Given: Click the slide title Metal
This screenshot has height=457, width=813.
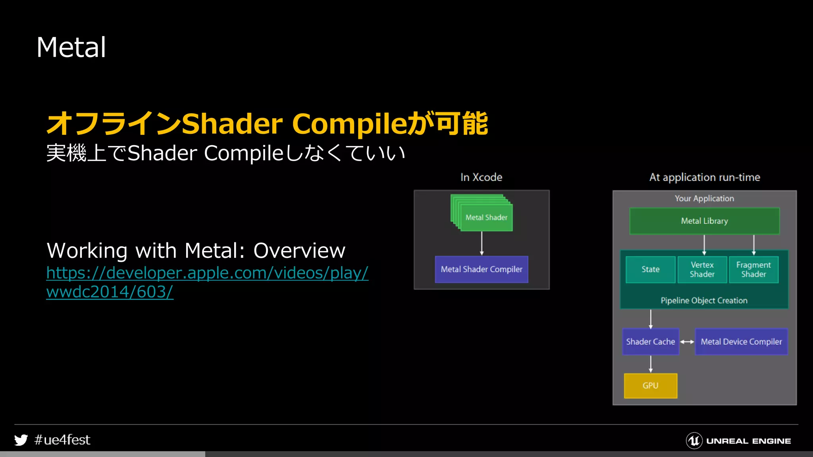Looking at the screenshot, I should click(71, 48).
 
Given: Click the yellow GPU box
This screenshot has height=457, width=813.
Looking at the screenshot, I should click(650, 386).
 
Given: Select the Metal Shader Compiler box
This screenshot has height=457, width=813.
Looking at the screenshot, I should click(481, 269).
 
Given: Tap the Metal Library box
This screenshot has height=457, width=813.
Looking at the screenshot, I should click(704, 221).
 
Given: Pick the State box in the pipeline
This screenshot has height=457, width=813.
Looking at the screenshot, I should click(650, 269).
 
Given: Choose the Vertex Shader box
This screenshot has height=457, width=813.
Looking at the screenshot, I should click(702, 269).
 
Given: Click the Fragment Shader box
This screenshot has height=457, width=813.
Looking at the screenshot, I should click(753, 269).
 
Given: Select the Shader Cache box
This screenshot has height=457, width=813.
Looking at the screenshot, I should click(650, 342).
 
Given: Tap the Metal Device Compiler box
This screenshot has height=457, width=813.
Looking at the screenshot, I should click(741, 342).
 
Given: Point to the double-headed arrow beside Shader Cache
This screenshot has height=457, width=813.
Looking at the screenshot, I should click(687, 342).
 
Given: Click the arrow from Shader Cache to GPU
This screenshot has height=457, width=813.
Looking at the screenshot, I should click(650, 364).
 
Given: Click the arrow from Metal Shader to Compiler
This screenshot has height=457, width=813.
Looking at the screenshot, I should click(482, 243).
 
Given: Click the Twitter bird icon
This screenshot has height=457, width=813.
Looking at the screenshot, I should click(21, 440).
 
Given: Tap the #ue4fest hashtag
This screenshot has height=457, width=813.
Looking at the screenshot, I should click(62, 440).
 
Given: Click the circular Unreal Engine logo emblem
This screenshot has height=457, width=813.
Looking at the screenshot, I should click(694, 441).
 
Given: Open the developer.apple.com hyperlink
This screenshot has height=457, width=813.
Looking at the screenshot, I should click(207, 273).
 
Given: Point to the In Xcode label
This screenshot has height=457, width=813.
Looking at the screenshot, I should click(481, 177).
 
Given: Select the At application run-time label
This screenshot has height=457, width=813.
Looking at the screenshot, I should click(704, 177).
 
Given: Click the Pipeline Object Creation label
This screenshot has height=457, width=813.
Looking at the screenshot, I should click(704, 300).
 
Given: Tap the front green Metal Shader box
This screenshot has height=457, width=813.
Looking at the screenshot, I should click(486, 217).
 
